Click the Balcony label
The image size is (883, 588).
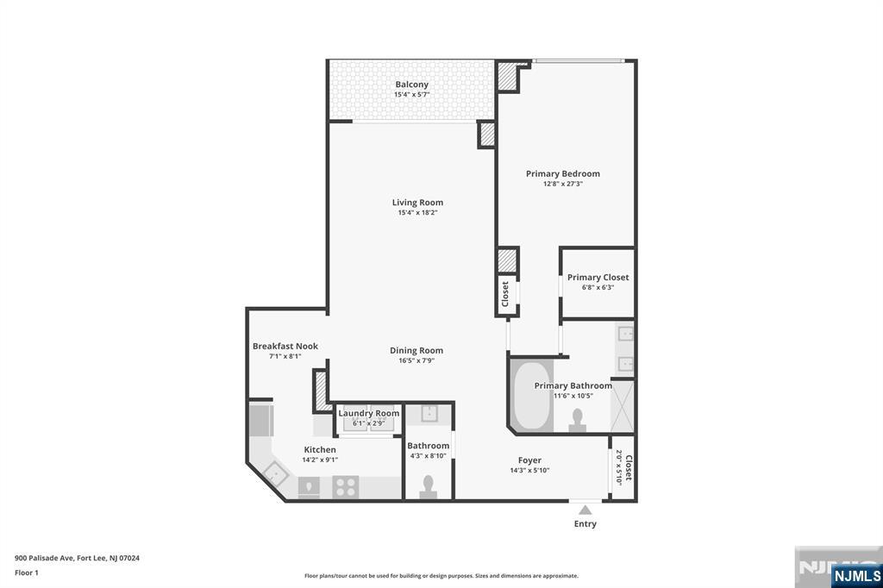411,84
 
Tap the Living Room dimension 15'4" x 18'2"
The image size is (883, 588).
417,213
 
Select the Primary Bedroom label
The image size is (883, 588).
562,173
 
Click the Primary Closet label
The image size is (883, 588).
598,278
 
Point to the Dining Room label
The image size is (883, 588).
416,350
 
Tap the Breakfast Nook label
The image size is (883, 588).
285,346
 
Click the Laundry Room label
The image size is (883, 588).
368,413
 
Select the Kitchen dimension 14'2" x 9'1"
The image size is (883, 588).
319,460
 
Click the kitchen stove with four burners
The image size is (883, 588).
346,487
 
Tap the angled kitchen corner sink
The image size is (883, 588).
276,473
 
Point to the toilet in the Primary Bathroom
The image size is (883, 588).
579,419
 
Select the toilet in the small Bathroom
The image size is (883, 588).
428,488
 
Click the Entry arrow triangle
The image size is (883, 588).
585,510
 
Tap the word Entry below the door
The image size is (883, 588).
585,523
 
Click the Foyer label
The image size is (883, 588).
529,460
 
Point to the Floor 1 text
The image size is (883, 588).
27,572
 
